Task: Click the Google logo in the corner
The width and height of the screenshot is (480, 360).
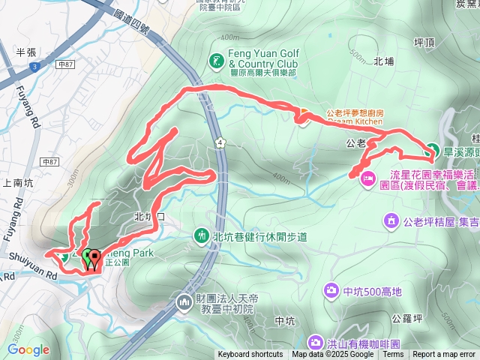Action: tap(28, 349)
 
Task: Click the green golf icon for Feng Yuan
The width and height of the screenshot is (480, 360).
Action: tap(217, 58)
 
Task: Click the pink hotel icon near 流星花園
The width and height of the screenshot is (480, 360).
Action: tap(368, 178)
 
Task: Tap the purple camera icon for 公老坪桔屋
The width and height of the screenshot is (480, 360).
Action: tap(391, 220)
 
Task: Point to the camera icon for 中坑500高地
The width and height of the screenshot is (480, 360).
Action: tap(331, 290)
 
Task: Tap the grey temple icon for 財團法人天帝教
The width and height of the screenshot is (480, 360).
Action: tap(184, 302)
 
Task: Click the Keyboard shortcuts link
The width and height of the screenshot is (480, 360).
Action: tap(250, 355)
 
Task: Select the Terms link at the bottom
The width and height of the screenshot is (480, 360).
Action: tap(393, 355)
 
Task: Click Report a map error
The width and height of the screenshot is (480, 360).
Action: tap(445, 355)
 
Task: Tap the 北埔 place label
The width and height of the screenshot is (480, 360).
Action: tap(383, 61)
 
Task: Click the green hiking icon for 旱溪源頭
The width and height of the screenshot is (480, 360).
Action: tap(433, 150)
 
